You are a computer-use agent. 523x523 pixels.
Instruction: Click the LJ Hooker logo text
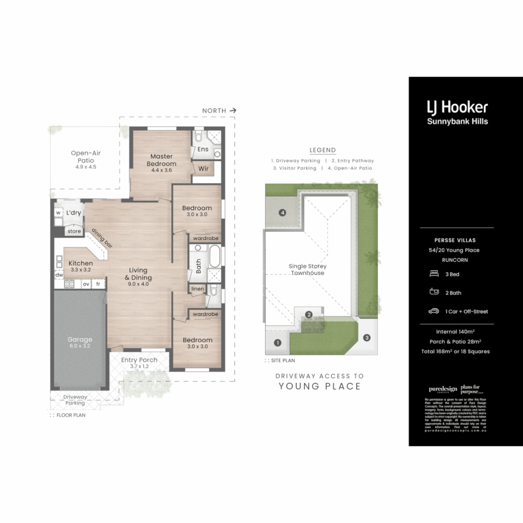457,107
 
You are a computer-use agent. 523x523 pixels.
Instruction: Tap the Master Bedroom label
161,160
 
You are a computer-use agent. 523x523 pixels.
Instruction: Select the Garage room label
80,342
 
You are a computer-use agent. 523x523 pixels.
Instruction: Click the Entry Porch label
139,363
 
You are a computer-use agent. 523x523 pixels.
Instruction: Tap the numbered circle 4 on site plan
282,213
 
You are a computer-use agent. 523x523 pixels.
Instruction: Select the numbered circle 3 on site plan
367,338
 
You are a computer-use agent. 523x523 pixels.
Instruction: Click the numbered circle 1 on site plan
277,343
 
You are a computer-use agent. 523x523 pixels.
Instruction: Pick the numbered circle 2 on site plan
308,315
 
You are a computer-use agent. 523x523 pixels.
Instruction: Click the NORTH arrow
233,110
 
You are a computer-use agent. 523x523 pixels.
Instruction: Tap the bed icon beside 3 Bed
434,274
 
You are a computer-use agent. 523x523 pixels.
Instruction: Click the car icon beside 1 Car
434,311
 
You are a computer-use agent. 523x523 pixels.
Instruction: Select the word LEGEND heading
323,150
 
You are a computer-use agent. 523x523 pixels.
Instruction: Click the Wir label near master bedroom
203,169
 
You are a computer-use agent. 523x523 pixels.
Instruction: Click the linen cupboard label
198,289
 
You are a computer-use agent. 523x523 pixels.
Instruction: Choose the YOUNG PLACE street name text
320,386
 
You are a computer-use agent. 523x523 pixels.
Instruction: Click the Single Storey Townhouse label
308,270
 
